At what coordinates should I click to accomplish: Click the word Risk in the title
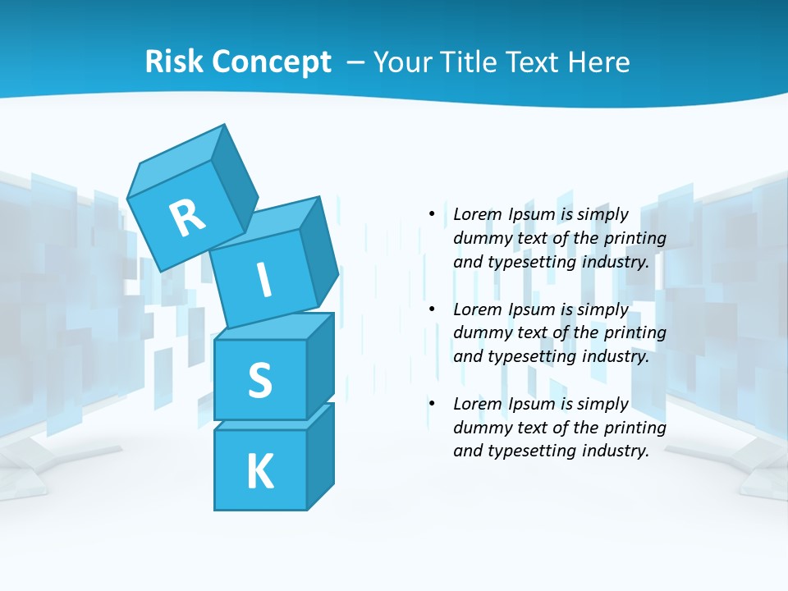pos(176,62)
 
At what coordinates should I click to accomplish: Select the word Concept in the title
pos(273,62)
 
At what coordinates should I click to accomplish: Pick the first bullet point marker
pos(432,215)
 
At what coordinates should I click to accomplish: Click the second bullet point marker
pos(432,309)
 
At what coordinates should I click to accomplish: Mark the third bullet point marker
pos(432,404)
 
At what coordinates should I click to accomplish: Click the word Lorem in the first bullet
pos(477,215)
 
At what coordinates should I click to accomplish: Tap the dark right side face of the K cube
pos(320,456)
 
